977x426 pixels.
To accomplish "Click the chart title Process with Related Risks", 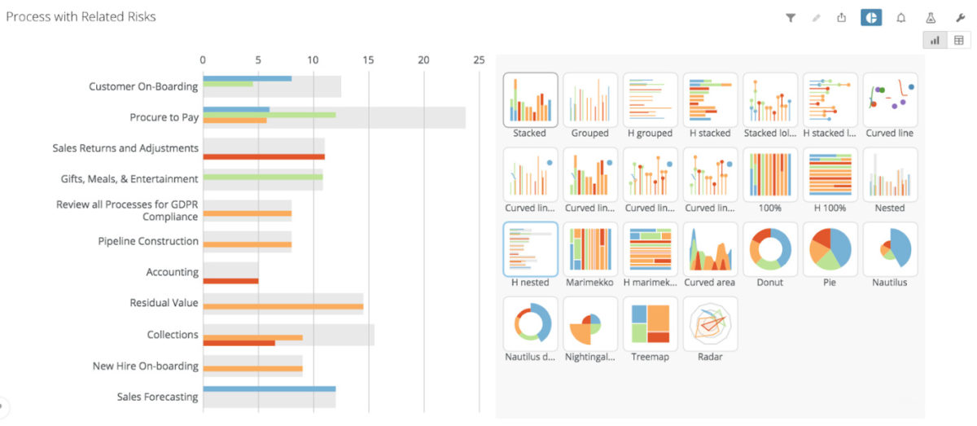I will (81, 16).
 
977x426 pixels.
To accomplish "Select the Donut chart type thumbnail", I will (770, 249).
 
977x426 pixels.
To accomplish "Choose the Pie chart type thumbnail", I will (830, 249).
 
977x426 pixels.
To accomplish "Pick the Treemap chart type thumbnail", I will (651, 323).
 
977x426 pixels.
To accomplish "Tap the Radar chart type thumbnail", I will (710, 323).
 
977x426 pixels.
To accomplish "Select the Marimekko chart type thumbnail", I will (590, 249).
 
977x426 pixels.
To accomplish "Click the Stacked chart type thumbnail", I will (530, 100).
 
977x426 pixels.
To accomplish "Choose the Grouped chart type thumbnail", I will (590, 100).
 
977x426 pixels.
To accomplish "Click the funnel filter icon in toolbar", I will (790, 17).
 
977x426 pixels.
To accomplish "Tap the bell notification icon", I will (900, 17).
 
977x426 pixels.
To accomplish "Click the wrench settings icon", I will (960, 17).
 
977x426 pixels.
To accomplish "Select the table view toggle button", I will (958, 40).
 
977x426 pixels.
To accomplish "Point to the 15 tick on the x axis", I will (369, 59).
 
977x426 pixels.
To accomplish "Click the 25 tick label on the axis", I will (479, 59).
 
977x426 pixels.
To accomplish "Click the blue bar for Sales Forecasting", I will (269, 389).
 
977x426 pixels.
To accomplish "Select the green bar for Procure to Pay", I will (269, 115).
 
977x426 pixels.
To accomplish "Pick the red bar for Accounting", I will (230, 281).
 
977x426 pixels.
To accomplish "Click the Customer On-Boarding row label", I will (143, 86).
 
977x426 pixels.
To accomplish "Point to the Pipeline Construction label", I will (148, 241).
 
